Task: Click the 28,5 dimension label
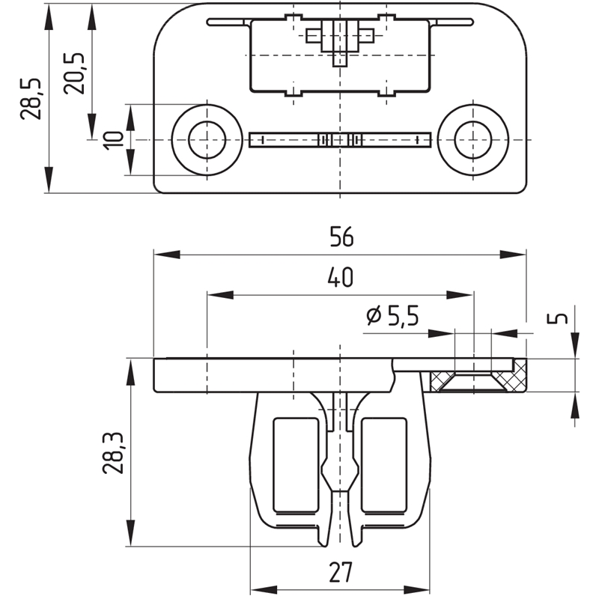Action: [31, 99]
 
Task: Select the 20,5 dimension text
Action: [74, 73]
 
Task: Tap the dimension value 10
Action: [114, 141]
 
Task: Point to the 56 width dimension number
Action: [341, 237]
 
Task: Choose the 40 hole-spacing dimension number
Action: [340, 277]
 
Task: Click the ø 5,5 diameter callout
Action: [392, 316]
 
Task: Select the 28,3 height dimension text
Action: [112, 454]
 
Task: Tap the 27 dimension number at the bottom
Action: [340, 572]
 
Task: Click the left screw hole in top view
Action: [207, 140]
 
